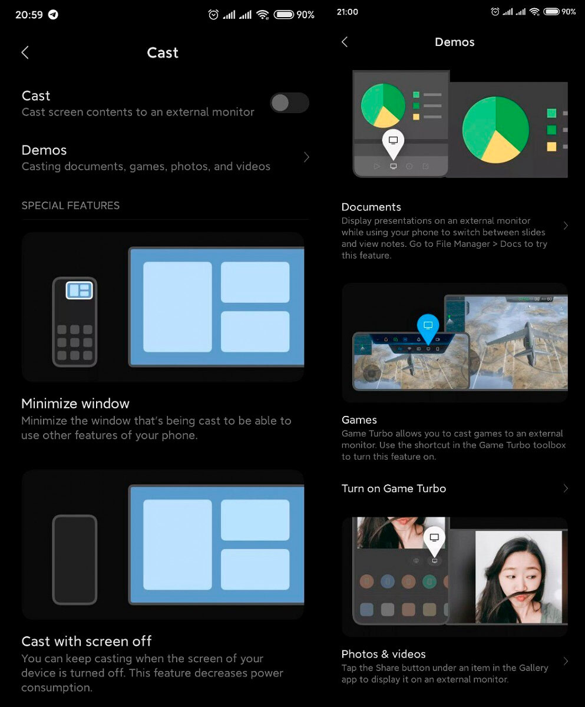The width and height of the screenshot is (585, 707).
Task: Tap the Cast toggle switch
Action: [289, 103]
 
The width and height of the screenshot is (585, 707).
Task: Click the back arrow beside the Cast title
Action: [25, 52]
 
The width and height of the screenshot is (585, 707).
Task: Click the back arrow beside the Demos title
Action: [345, 42]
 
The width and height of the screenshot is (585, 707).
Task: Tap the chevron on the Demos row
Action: [306, 157]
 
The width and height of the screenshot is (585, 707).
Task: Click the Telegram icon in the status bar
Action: [53, 15]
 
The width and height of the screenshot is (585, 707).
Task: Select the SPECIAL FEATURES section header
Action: [71, 206]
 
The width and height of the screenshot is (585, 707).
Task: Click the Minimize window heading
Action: [75, 404]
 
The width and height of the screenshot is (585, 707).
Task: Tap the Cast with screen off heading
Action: [87, 642]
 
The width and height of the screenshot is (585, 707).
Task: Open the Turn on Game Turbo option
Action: [394, 488]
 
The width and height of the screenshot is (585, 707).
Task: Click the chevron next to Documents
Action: [566, 226]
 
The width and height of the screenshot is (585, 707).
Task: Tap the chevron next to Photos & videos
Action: [566, 661]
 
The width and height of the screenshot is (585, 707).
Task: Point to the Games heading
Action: [359, 420]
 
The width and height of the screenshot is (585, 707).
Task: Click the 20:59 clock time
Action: [29, 15]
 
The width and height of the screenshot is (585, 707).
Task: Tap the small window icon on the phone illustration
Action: [79, 290]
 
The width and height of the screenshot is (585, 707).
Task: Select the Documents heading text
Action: [371, 207]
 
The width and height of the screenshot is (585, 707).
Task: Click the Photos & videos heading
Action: [384, 654]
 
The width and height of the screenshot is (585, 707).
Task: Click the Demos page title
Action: [454, 42]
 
